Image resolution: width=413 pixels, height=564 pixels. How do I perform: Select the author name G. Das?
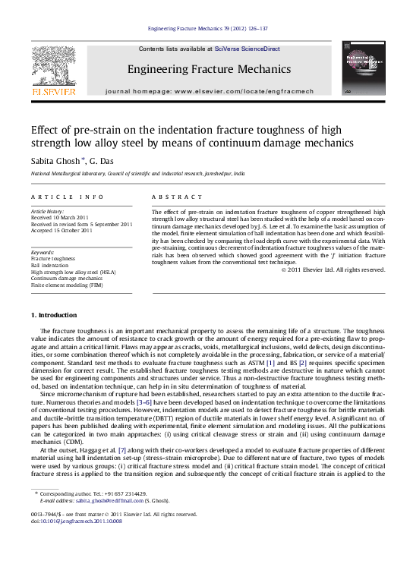[x=100, y=162]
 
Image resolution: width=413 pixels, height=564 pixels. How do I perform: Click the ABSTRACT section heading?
[x=175, y=196]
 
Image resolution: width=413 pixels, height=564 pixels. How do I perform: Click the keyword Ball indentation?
[x=49, y=264]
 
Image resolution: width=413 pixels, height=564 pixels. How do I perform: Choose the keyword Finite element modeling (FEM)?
[x=67, y=285]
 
